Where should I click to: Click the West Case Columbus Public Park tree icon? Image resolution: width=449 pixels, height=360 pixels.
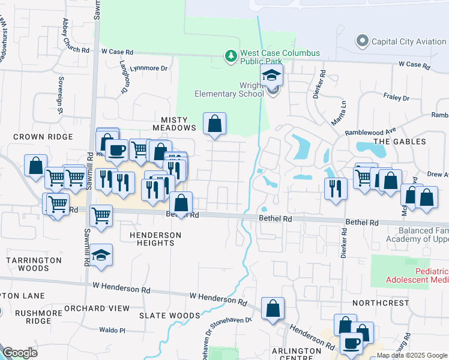click(x=231, y=56)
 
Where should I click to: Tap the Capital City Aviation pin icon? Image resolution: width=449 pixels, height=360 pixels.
click(x=362, y=42)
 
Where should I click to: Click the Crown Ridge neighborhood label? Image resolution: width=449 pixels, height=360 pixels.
click(x=43, y=137)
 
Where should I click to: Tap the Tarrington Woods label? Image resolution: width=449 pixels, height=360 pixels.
click(x=34, y=265)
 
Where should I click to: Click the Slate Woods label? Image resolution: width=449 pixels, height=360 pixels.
click(x=169, y=316)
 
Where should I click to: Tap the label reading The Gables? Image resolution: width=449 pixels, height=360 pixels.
click(x=400, y=142)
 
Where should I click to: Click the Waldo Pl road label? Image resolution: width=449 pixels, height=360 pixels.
click(x=112, y=331)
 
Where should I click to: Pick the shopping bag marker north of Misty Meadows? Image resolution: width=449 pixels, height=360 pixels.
click(x=214, y=124)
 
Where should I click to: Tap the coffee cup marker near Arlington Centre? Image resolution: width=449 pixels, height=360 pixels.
click(x=351, y=344)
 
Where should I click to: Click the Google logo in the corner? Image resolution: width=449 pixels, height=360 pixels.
click(x=20, y=353)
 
